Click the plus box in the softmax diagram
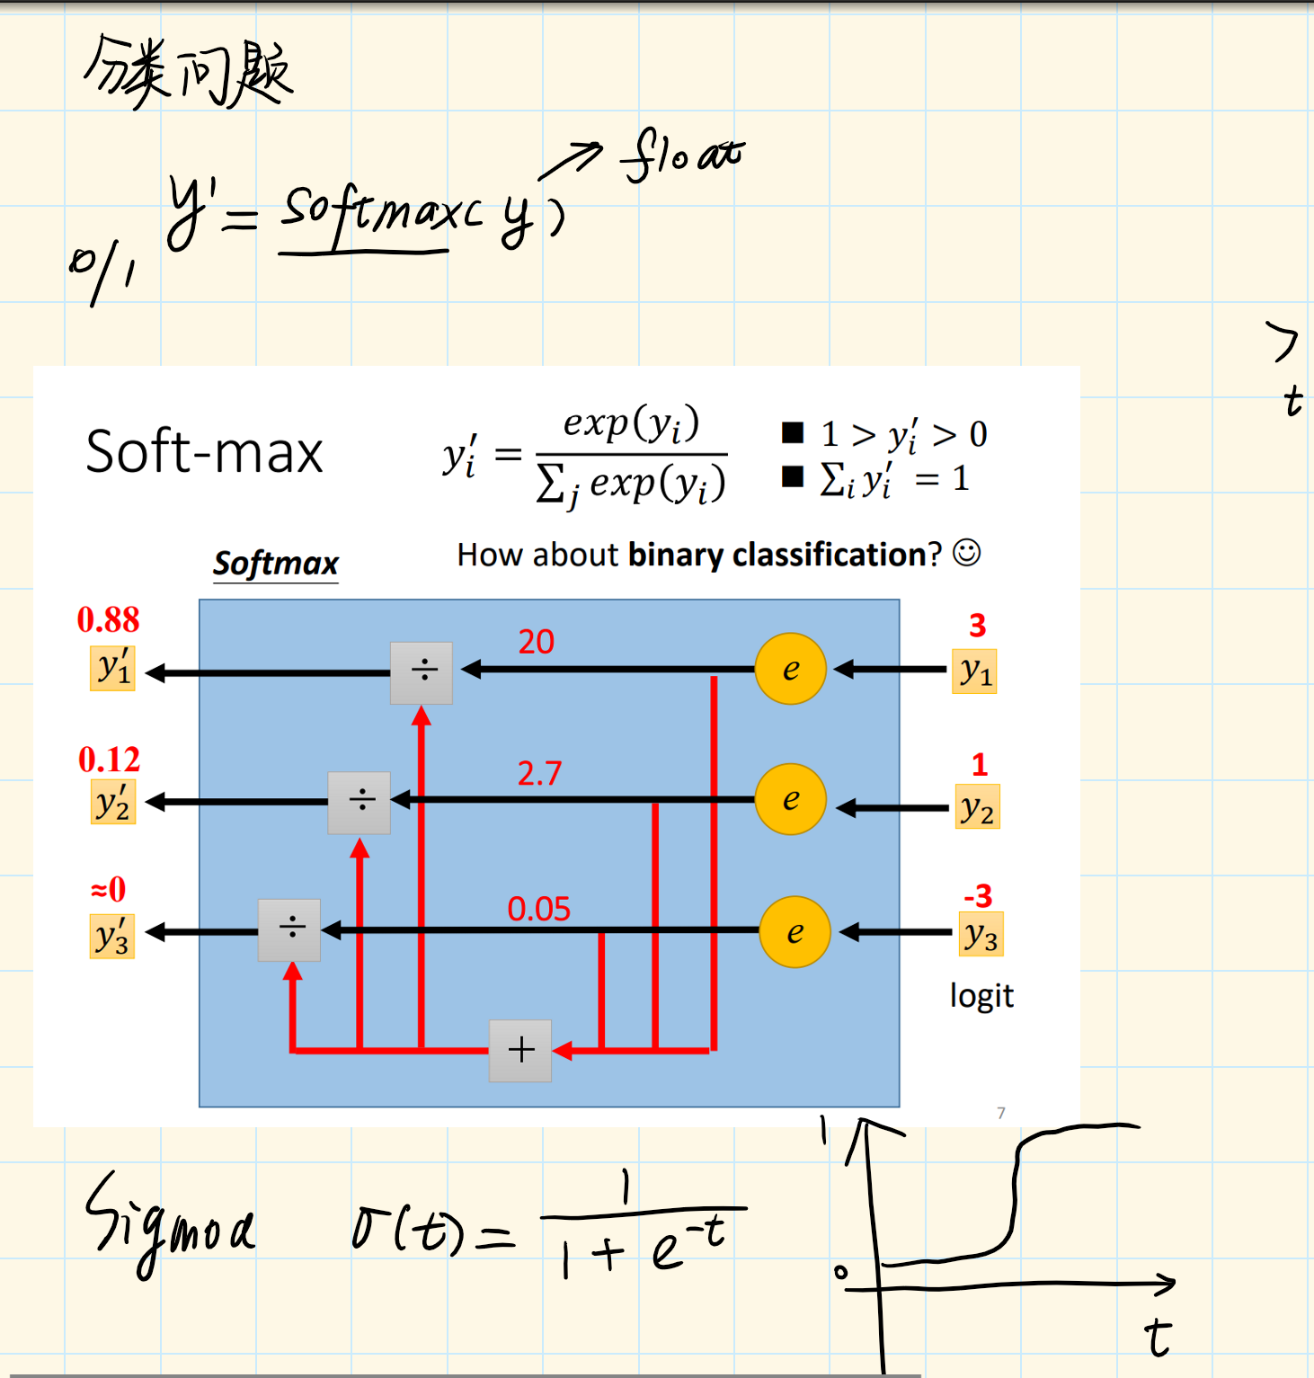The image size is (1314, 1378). pos(520,1050)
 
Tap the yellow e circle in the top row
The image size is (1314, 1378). pos(790,669)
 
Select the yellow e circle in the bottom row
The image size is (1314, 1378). pos(795,932)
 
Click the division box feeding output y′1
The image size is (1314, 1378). pos(422,672)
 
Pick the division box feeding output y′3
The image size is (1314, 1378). pos(289,929)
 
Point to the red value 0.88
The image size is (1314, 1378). pos(108,619)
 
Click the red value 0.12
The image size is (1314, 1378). pos(109,760)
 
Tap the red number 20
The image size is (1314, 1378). pos(536,642)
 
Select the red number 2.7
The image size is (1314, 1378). pos(539,773)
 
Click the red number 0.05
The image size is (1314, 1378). pos(538,909)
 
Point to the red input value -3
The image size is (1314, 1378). pos(978,895)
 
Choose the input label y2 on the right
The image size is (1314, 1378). pos(977,807)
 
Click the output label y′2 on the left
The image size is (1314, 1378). pos(112,802)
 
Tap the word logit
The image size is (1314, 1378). pos(981,996)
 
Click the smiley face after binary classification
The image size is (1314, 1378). pos(966,553)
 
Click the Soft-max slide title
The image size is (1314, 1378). pos(204,451)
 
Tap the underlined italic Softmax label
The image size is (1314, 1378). pos(276,564)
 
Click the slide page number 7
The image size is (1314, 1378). pos(1001,1113)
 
